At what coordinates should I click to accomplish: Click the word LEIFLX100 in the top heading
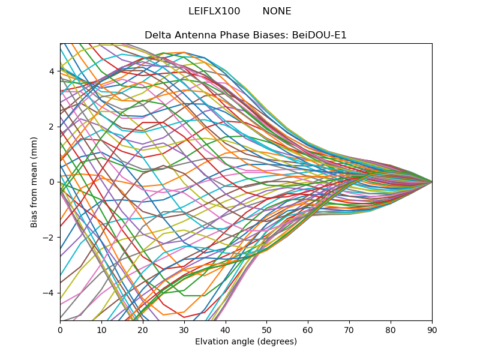point(214,11)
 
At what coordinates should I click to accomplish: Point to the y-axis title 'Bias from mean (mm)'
point(34,181)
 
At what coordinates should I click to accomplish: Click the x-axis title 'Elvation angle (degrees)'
point(246,342)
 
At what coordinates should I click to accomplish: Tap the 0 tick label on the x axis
point(60,329)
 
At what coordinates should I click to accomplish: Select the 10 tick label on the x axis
point(101,329)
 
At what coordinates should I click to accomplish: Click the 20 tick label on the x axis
point(143,329)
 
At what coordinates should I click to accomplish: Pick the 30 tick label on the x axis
point(184,329)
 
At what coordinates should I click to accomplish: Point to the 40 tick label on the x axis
point(226,329)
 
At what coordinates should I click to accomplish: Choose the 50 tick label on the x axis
point(266,329)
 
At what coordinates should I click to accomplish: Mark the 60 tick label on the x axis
point(308,329)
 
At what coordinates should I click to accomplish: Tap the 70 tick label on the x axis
point(349,329)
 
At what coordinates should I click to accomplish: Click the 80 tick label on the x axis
point(391,329)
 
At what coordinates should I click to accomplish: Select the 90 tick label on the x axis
point(432,329)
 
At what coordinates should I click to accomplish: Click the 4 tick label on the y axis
point(52,71)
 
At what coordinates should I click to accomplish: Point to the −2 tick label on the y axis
point(49,237)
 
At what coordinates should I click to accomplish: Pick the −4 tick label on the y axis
point(49,292)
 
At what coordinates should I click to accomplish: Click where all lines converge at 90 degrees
point(431,181)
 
